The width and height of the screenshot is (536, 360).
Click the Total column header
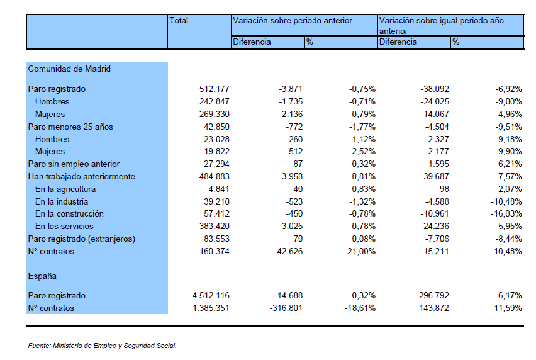tap(179, 21)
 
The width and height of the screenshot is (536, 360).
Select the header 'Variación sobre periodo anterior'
tap(293, 21)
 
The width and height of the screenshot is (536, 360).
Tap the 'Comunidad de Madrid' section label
tap(69, 69)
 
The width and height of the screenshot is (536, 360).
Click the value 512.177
tap(215, 89)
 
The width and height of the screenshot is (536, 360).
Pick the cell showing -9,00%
tap(509, 101)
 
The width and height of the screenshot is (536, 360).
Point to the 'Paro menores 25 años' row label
tap(70, 127)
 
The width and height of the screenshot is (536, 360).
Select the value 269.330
tap(215, 114)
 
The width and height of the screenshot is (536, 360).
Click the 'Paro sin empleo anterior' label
tap(74, 164)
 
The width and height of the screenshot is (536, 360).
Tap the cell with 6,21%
tap(510, 164)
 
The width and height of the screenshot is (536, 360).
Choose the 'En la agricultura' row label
tap(65, 189)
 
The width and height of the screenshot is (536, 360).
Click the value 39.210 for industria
tap(216, 201)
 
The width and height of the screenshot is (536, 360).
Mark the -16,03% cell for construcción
tap(506, 214)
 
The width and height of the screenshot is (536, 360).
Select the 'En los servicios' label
tap(64, 227)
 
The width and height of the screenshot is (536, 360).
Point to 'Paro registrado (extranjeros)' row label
tap(82, 239)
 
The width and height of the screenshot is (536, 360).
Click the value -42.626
tap(289, 252)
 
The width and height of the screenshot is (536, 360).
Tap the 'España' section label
tap(42, 276)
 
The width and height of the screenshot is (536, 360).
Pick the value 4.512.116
tap(211, 295)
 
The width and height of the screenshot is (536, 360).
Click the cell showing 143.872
tap(434, 308)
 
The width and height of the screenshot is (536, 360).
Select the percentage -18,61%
tap(360, 308)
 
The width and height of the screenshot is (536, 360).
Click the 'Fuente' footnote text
tap(102, 346)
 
